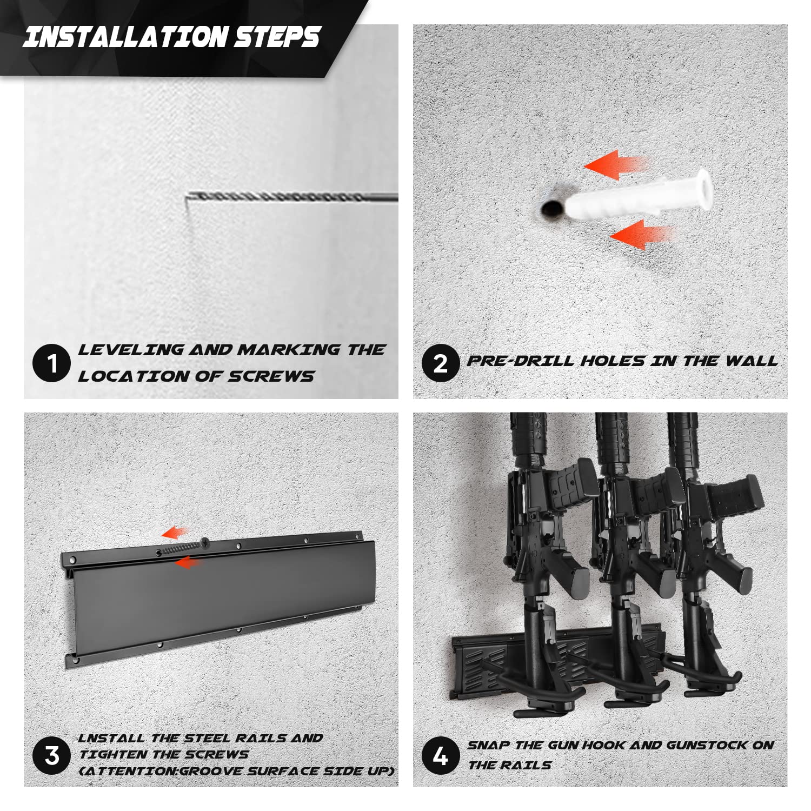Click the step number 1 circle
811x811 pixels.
click(52, 364)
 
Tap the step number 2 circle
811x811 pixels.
click(441, 364)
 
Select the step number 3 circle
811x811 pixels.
click(52, 755)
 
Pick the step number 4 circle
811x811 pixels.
click(441, 755)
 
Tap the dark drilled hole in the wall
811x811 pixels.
click(552, 208)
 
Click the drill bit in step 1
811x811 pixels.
click(293, 197)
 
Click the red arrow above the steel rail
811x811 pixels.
click(176, 533)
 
